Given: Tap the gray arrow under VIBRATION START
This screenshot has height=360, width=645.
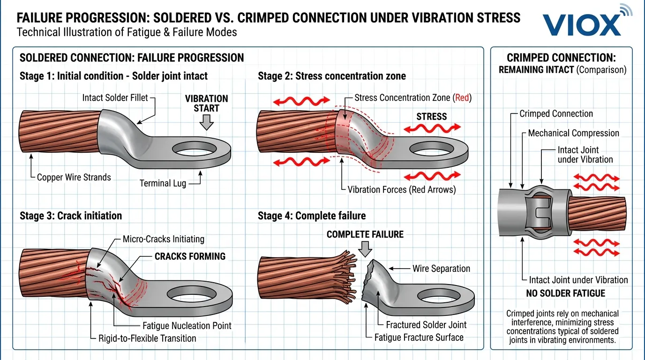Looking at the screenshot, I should point(206,121).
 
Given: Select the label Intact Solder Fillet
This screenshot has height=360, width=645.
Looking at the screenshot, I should point(115,98).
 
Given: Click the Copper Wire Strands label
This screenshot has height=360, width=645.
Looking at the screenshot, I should point(74,177).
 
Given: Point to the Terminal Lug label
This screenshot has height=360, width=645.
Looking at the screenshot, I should point(163,183).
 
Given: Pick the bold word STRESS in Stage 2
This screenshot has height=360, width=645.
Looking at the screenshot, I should point(431,116).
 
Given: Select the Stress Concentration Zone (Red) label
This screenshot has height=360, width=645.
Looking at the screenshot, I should point(412,98).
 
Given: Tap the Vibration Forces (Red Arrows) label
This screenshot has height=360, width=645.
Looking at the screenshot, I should point(401,190).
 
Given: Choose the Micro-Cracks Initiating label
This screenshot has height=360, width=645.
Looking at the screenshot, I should point(163,239).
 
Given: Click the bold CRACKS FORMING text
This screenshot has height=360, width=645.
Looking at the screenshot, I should point(190,256).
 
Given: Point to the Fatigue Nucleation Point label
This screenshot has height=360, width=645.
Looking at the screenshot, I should point(187,326).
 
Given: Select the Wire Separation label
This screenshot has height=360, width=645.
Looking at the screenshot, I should point(441,269).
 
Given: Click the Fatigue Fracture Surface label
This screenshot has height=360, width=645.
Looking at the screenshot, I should point(419,337).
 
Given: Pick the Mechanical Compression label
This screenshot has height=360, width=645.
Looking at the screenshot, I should point(573,133).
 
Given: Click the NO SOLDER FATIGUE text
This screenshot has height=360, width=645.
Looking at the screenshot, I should point(565,293).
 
